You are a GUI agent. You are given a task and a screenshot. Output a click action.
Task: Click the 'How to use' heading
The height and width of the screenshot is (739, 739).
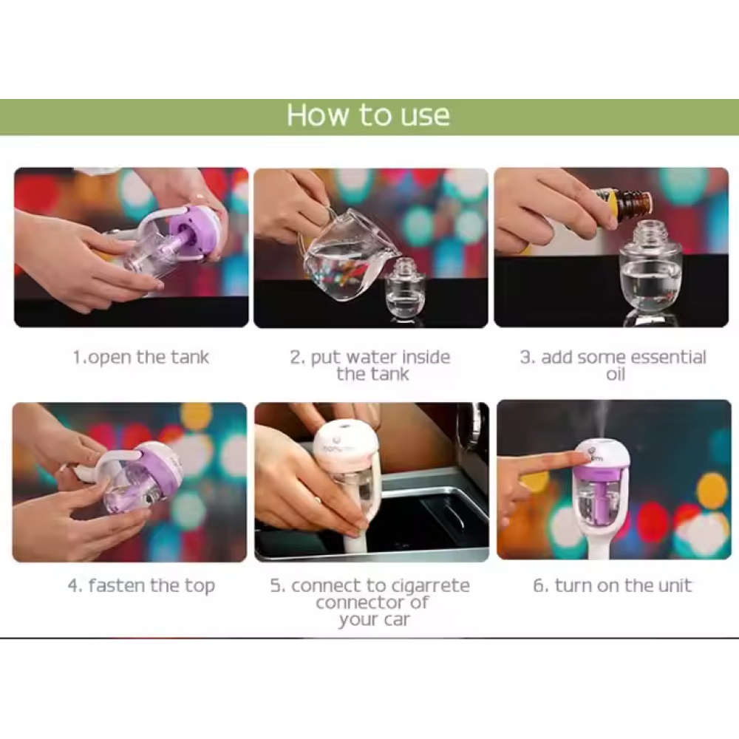coord(369,115)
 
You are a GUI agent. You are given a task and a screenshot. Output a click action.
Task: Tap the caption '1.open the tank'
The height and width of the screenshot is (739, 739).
coord(140,358)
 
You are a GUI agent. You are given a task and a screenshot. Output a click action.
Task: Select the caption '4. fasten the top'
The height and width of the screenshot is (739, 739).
coord(141,586)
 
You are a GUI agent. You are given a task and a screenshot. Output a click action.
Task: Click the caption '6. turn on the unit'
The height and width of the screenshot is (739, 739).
coord(612,585)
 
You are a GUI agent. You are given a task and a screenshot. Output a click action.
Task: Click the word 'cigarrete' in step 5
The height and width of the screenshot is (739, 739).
coord(430,586)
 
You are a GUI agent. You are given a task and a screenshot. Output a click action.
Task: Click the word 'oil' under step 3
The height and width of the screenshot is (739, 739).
coord(615,375)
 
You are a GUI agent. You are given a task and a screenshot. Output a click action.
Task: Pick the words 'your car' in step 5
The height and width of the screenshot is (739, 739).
coord(374,620)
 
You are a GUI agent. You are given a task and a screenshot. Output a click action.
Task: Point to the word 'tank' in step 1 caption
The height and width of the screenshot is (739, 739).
coord(190,358)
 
